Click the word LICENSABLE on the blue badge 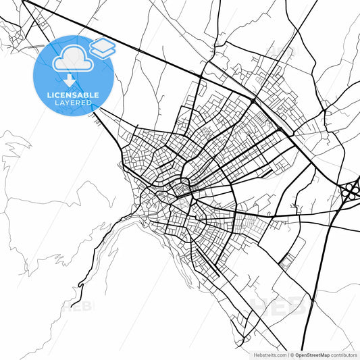pos(72,95)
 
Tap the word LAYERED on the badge pos(72,103)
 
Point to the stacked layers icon pos(103,49)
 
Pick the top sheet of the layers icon pos(103,45)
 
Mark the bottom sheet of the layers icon pos(103,53)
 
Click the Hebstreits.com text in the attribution pos(269,355)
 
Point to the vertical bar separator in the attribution pos(287,355)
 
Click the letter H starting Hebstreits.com pos(255,355)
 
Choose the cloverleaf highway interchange pos(351,191)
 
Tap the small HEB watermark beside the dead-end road pos(84,305)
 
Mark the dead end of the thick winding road pos(72,305)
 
